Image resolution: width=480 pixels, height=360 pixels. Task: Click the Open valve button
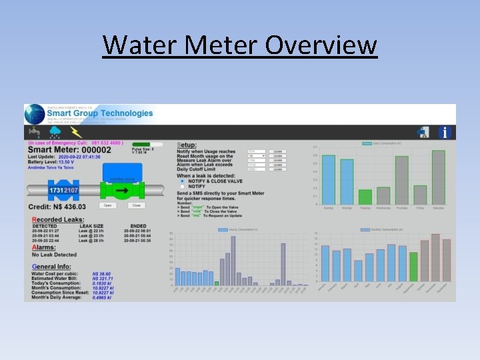click(x=107, y=205)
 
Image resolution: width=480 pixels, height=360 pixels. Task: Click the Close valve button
click(x=137, y=205)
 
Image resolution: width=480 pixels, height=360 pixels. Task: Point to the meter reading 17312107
click(x=65, y=191)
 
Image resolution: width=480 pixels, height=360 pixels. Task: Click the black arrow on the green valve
click(x=121, y=192)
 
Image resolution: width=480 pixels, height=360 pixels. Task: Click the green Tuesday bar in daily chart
click(x=365, y=197)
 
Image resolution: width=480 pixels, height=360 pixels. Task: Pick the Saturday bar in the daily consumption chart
click(x=438, y=177)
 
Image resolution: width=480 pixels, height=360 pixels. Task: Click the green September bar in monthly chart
click(x=413, y=267)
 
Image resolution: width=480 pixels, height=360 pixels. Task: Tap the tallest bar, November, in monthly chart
click(x=435, y=257)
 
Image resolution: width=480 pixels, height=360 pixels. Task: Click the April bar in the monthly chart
click(x=358, y=270)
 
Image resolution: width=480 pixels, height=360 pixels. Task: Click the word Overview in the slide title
click(x=321, y=46)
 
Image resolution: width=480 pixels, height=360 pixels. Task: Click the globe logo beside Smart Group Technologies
click(x=35, y=115)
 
